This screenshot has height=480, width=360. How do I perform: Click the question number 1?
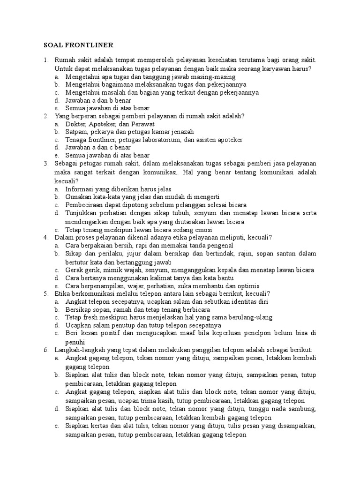coord(46,60)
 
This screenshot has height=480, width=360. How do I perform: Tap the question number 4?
coord(46,237)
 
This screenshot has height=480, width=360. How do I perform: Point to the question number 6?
coord(46,350)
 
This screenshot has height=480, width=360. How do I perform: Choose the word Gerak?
coord(74,270)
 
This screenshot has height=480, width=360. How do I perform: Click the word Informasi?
coord(81,188)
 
